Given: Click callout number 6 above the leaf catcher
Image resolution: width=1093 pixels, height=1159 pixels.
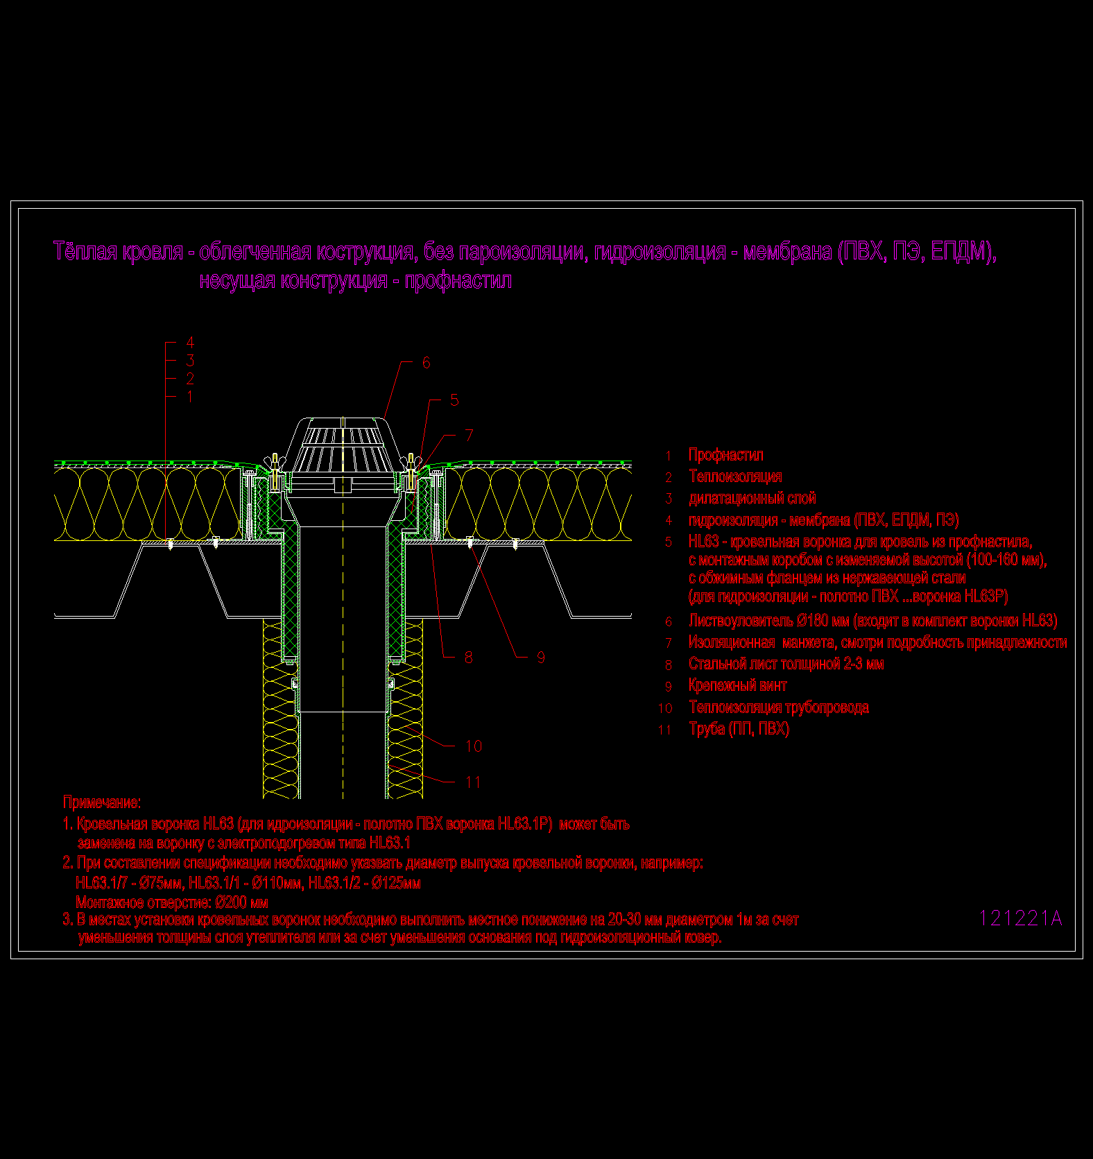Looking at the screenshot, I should click(426, 363).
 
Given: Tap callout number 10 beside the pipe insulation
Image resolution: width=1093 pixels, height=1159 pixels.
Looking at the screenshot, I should click(474, 746).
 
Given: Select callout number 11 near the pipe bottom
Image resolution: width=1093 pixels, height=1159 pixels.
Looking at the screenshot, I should click(474, 782).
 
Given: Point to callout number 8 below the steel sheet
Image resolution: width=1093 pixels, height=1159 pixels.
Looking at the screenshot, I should click(469, 658).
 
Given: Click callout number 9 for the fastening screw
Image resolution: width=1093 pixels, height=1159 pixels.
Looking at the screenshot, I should click(541, 658).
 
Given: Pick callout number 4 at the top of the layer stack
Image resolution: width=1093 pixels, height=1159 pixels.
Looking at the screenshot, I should click(190, 343).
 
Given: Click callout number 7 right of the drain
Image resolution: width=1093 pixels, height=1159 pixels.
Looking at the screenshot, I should click(470, 436).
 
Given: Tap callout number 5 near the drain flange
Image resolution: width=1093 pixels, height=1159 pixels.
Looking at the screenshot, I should click(454, 400).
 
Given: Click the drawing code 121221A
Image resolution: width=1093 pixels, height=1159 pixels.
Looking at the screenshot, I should click(1020, 918).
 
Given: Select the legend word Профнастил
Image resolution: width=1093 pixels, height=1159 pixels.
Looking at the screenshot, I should click(725, 455).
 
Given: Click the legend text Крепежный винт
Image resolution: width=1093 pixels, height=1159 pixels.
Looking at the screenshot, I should click(737, 685).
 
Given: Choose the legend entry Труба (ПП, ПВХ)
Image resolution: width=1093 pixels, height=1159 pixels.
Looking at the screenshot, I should click(739, 729).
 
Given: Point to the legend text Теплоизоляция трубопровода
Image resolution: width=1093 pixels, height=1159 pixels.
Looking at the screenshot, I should click(778, 707).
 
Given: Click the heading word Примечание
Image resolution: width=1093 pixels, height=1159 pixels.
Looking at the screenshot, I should click(101, 802).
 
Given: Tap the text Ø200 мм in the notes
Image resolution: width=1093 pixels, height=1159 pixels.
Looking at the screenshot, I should click(241, 902).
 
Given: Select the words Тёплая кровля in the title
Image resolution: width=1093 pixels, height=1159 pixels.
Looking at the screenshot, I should click(118, 251).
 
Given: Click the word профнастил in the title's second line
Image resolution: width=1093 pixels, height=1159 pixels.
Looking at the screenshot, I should click(458, 281).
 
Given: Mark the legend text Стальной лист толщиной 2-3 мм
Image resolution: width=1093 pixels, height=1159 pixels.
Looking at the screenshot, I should click(786, 664).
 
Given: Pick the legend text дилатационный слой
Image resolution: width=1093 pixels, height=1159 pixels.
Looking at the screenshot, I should click(752, 498).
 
